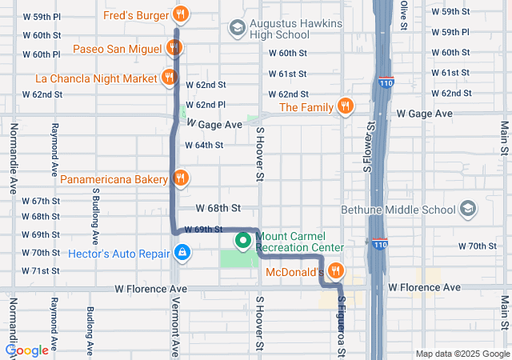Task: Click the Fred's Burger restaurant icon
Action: click(182, 14)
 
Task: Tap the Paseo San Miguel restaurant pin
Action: click(174, 47)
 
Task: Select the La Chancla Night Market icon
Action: click(169, 78)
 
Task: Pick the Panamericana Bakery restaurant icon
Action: click(181, 178)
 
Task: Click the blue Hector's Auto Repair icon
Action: click(182, 253)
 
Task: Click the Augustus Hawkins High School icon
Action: click(237, 29)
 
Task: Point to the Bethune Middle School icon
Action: click(467, 210)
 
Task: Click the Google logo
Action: click(27, 350)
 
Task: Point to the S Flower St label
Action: click(370, 148)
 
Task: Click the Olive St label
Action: click(404, 14)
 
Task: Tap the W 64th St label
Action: click(204, 145)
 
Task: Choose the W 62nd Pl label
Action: click(206, 105)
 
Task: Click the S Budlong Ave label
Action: click(94, 217)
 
